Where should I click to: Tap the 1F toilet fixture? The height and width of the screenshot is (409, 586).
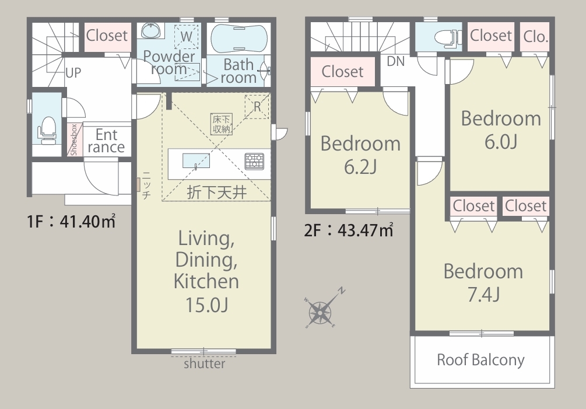tap(47, 131)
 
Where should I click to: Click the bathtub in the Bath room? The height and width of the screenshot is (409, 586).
tap(239, 38)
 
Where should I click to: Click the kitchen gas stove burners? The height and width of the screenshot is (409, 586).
tap(254, 161)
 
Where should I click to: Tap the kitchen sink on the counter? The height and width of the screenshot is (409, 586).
tap(196, 161)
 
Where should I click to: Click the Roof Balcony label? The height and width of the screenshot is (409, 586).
tap(480, 359)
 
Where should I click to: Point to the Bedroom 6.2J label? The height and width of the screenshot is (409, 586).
tap(361, 155)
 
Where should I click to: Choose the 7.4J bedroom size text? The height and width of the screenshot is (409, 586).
tap(483, 295)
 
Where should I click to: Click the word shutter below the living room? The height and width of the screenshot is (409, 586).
tap(205, 363)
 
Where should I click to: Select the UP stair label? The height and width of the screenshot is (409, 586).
tap(73, 73)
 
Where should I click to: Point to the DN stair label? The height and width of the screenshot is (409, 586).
tap(396, 61)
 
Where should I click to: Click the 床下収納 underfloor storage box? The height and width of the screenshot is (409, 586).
tap(221, 124)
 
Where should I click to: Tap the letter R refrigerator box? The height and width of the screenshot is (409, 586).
tap(257, 107)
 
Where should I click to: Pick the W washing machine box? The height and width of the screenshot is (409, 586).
tap(186, 37)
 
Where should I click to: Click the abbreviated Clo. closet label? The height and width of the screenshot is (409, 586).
tap(535, 37)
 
